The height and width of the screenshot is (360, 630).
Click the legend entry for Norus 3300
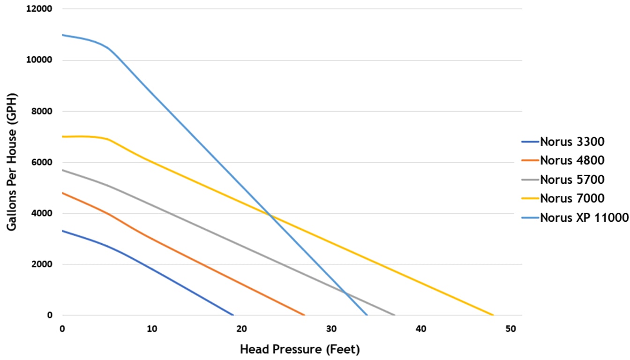[571, 141]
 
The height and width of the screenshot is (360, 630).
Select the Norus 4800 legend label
[571, 160]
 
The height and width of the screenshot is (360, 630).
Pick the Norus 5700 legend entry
[571, 179]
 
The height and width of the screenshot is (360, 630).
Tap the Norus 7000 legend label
[571, 198]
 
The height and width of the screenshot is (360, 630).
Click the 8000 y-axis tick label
[42, 111]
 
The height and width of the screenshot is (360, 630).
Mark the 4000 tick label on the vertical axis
[42, 213]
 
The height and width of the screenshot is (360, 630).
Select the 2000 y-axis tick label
[42, 264]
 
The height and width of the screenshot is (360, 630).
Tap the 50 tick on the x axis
[510, 329]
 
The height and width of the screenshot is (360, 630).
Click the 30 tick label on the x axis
[331, 329]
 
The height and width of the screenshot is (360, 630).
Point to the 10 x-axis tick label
[152, 329]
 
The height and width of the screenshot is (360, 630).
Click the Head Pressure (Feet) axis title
[300, 349]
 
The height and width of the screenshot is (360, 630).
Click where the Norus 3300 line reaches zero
[233, 315]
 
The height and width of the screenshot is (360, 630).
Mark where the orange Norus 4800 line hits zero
[305, 315]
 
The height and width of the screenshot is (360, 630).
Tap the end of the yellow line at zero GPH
[493, 315]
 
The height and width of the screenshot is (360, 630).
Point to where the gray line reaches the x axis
[394, 315]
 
